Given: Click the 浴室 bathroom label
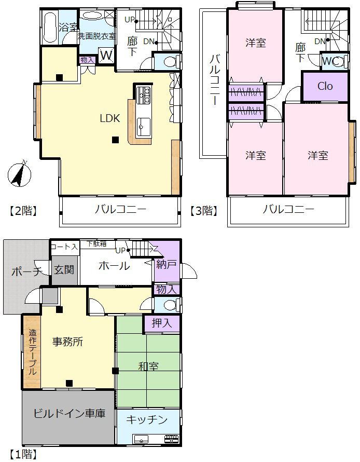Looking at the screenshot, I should coord(67,28).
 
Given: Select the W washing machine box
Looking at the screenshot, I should coord(106,55).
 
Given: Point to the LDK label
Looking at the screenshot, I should coord(110,118).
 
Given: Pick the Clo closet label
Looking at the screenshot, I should coord(325,86).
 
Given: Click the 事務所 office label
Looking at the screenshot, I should coord(68,342).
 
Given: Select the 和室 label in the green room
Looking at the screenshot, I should coord(148,366).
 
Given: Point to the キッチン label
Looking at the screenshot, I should coord(147,419).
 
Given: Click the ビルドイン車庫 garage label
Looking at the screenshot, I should coord(69,414).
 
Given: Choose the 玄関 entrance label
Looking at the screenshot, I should coord(64,269).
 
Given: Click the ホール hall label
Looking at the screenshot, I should coord(114,266).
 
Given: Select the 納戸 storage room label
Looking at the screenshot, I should coord(167,264).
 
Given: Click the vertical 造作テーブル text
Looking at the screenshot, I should coord(32,352).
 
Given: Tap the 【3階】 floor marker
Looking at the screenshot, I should coord(202,211).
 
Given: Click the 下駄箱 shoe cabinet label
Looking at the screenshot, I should coord(96,243).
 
